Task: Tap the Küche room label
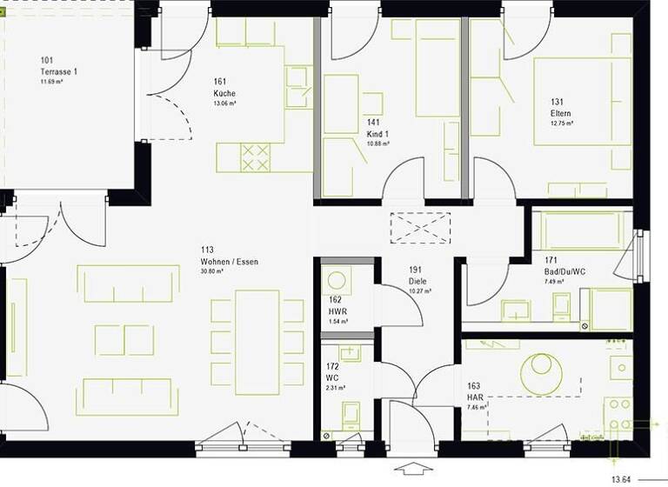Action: coord(224,93)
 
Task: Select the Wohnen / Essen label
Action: coord(229,261)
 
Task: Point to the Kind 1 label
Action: coord(378,134)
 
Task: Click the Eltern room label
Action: coord(560,113)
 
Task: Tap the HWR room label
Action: coord(338,311)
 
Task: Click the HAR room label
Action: coord(475,397)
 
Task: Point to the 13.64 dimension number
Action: coord(621,478)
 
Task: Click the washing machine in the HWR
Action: coord(335,282)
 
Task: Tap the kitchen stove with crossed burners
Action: coord(255,157)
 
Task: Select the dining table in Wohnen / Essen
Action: coord(257,342)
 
